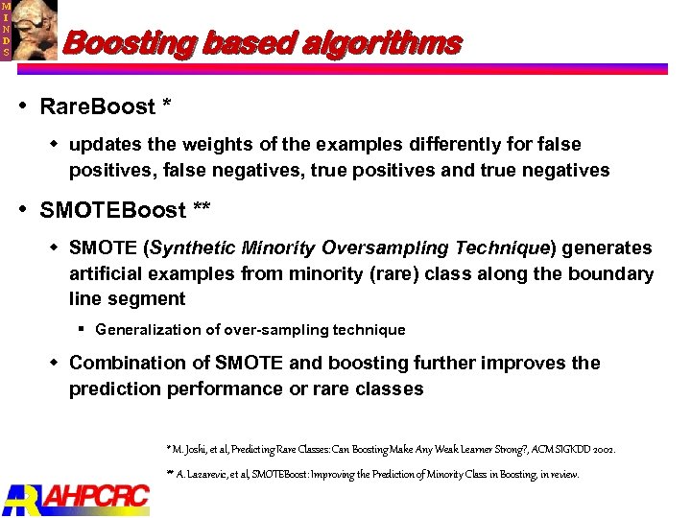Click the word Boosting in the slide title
click(125, 44)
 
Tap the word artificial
click(105, 274)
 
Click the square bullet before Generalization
click(83, 329)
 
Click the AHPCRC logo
click(77, 497)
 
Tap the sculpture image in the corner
click(35, 29)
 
